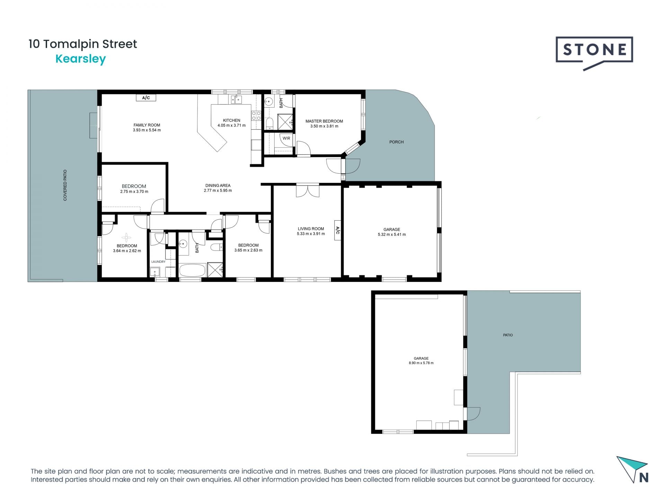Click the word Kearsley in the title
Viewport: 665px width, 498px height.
click(x=80, y=59)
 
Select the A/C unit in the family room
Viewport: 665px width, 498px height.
click(x=146, y=98)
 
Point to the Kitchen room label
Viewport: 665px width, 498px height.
click(x=231, y=120)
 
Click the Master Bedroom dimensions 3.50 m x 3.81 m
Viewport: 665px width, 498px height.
click(x=324, y=126)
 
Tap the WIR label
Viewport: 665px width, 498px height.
click(x=286, y=138)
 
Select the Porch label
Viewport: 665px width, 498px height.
click(x=396, y=142)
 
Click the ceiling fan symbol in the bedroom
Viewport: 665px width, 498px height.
click(x=126, y=237)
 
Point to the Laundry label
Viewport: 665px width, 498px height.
click(x=158, y=262)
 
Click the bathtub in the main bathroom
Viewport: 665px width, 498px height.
click(x=192, y=270)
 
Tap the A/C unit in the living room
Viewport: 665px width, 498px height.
click(x=337, y=230)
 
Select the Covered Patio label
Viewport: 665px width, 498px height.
click(x=65, y=185)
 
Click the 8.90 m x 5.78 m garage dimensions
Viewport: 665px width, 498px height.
click(x=421, y=363)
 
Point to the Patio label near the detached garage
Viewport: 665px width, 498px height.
click(x=508, y=335)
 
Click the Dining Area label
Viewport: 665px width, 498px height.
click(x=218, y=185)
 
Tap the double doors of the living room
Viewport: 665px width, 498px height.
click(x=308, y=191)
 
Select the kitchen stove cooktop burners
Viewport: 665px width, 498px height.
click(x=256, y=116)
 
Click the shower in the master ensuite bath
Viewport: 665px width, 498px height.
click(x=285, y=122)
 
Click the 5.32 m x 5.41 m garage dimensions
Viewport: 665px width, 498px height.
click(x=392, y=234)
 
